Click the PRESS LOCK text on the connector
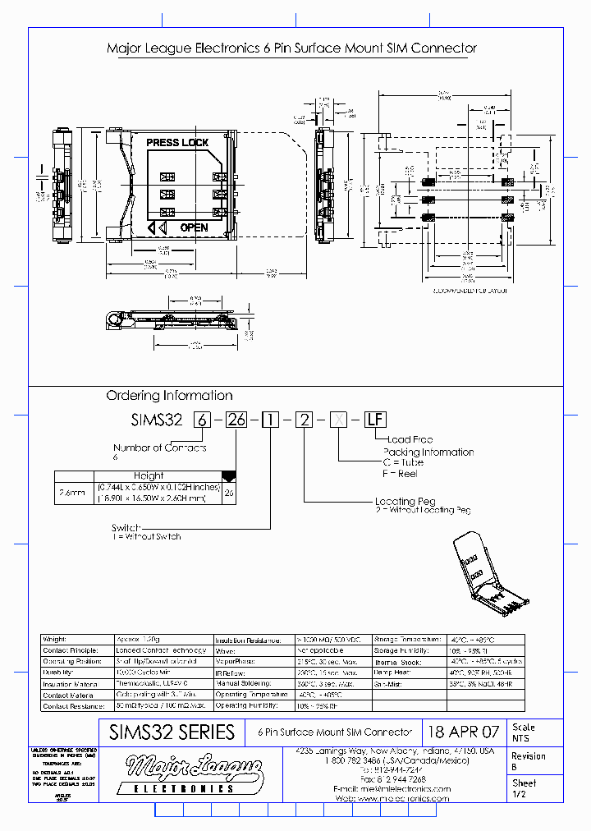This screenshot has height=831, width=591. (x=177, y=143)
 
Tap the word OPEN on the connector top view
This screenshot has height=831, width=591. (x=194, y=227)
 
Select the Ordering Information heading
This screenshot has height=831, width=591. (x=170, y=395)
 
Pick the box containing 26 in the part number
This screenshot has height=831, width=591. (x=236, y=420)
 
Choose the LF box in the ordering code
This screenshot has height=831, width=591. (x=374, y=420)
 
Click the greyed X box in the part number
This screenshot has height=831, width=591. (x=337, y=420)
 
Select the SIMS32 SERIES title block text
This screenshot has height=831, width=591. (x=172, y=732)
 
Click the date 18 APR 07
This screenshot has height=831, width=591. (x=464, y=732)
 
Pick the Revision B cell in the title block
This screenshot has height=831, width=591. (x=528, y=761)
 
